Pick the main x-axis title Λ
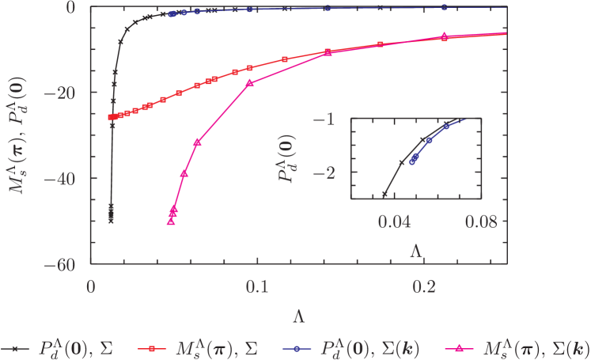(298, 316)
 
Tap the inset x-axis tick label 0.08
(479, 224)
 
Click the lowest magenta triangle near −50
(170, 222)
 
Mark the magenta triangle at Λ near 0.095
(250, 82)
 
